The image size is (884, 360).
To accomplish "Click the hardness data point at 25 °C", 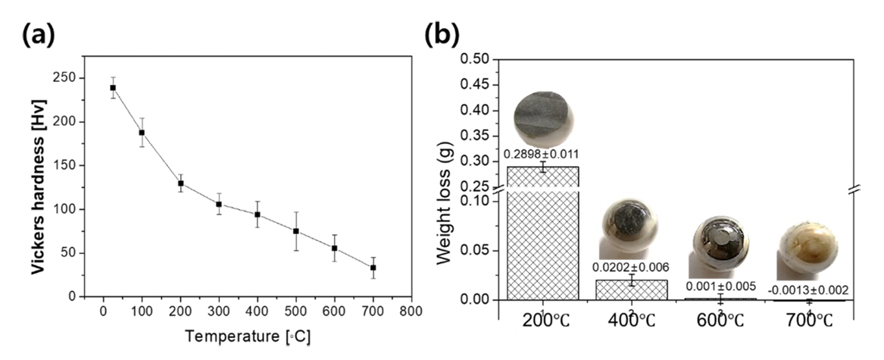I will [x=113, y=88].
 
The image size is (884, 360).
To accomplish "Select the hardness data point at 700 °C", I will [x=373, y=268].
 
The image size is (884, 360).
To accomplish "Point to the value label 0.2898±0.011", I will [x=542, y=154].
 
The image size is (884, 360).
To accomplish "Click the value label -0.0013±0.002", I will [x=808, y=289].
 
